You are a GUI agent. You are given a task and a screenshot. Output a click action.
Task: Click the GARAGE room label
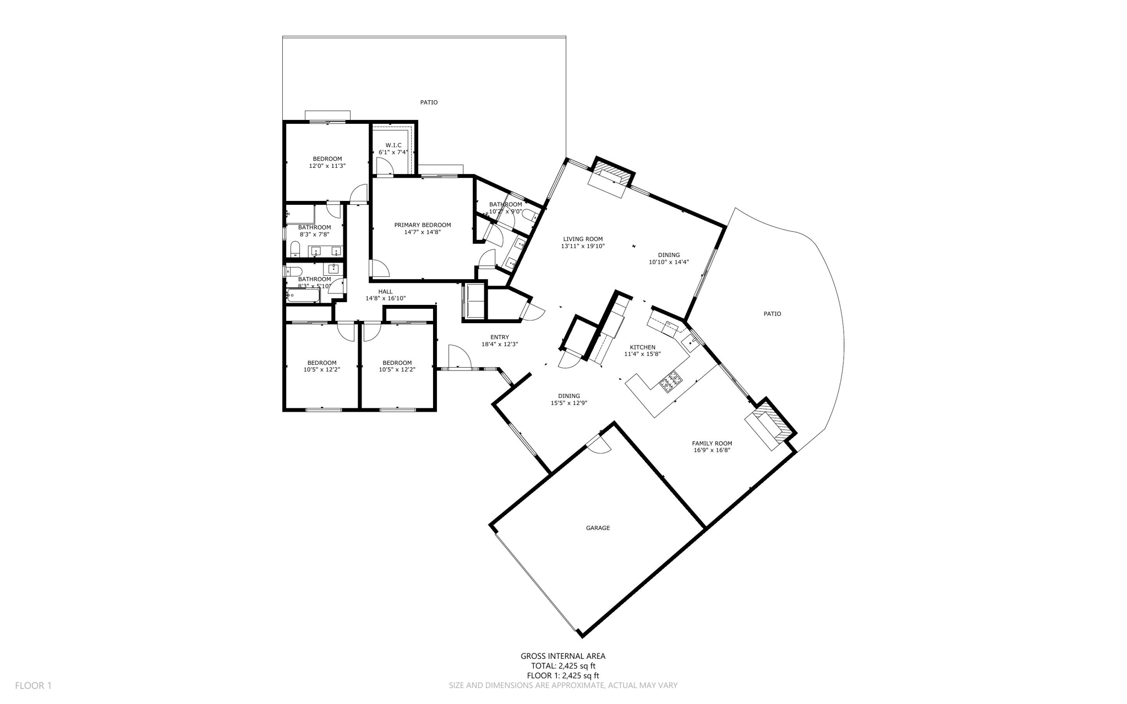[x=598, y=528]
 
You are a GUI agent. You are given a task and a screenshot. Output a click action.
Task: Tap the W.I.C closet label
[x=393, y=145]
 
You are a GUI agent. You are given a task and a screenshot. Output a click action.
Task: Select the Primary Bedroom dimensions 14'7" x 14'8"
[x=422, y=232]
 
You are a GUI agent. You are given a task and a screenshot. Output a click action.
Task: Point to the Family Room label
[x=712, y=443]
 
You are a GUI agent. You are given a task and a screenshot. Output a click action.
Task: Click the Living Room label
[x=582, y=239]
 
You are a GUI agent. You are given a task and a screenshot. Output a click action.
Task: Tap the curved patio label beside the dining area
[x=772, y=314]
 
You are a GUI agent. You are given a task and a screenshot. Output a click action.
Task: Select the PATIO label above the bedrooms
[x=429, y=102]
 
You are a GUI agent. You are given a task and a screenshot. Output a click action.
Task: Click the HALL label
[x=385, y=292]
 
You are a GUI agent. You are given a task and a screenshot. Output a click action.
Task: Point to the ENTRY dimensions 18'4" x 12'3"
[x=499, y=345]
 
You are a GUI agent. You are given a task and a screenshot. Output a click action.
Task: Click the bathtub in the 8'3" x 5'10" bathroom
[x=303, y=297]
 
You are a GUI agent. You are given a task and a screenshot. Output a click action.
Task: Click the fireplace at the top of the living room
[x=611, y=174]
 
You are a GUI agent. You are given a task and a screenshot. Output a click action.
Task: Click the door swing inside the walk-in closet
[x=384, y=166]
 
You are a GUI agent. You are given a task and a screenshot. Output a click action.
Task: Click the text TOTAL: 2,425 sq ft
[x=562, y=666]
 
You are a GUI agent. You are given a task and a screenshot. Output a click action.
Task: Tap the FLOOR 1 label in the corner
[x=33, y=686]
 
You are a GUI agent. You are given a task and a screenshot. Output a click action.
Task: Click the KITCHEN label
[x=642, y=347]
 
